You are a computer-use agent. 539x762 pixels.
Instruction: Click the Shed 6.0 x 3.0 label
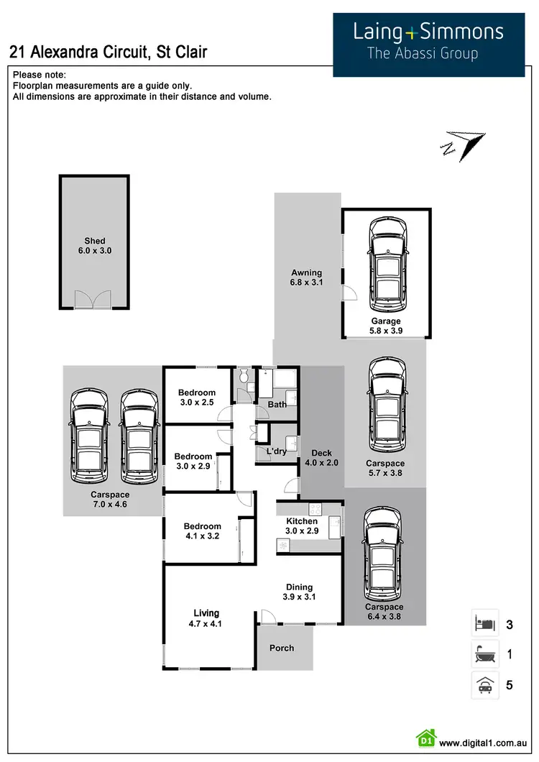pos(95,246)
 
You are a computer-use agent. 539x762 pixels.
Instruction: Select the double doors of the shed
pos(94,299)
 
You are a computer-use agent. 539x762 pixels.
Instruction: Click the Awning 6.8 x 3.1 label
pos(307,278)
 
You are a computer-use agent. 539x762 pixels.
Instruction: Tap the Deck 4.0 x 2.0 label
pos(321,458)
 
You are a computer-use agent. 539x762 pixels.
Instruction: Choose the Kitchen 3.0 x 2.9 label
pos(302,526)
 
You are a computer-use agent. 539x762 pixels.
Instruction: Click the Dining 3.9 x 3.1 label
pos(300,592)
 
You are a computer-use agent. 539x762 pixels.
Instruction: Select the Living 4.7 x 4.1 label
pos(206,618)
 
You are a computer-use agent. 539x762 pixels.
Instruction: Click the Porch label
pos(282,648)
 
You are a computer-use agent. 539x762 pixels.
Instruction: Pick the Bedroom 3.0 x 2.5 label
pos(197,398)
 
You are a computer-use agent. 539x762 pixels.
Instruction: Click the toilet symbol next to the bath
pos(244,376)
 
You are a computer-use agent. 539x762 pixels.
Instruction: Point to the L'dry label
pos(277,451)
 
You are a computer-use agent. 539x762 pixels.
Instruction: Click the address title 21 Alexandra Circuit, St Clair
pos(109,52)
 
